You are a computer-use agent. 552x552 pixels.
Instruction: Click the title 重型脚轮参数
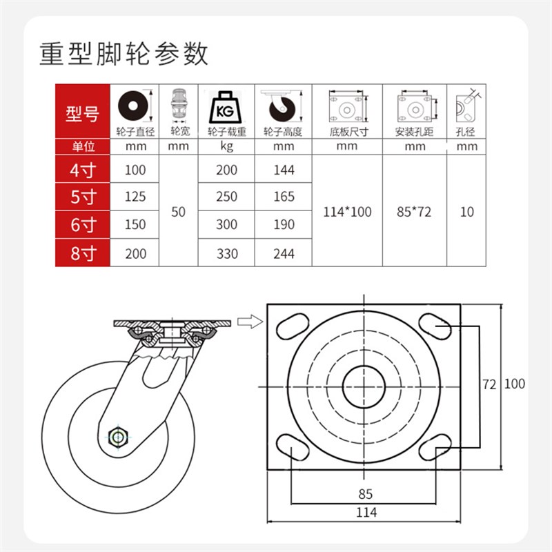(124, 53)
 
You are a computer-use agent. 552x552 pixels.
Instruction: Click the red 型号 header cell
(82, 113)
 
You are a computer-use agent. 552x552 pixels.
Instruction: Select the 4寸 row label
(82, 170)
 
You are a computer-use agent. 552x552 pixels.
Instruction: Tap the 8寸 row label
(82, 253)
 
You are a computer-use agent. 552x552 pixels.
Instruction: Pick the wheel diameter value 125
(135, 197)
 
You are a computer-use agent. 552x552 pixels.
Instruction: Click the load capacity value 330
(226, 253)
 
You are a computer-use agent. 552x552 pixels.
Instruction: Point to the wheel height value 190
(283, 225)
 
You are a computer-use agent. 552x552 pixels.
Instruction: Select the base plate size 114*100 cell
(347, 212)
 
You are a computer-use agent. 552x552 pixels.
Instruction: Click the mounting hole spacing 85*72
(414, 212)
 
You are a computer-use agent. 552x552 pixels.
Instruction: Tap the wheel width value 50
(179, 212)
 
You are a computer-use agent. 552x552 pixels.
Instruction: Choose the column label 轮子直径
(135, 131)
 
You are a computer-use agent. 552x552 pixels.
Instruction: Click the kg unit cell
(226, 146)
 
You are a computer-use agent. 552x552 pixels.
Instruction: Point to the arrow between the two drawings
(248, 321)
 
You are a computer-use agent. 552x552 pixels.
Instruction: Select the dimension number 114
(366, 512)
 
